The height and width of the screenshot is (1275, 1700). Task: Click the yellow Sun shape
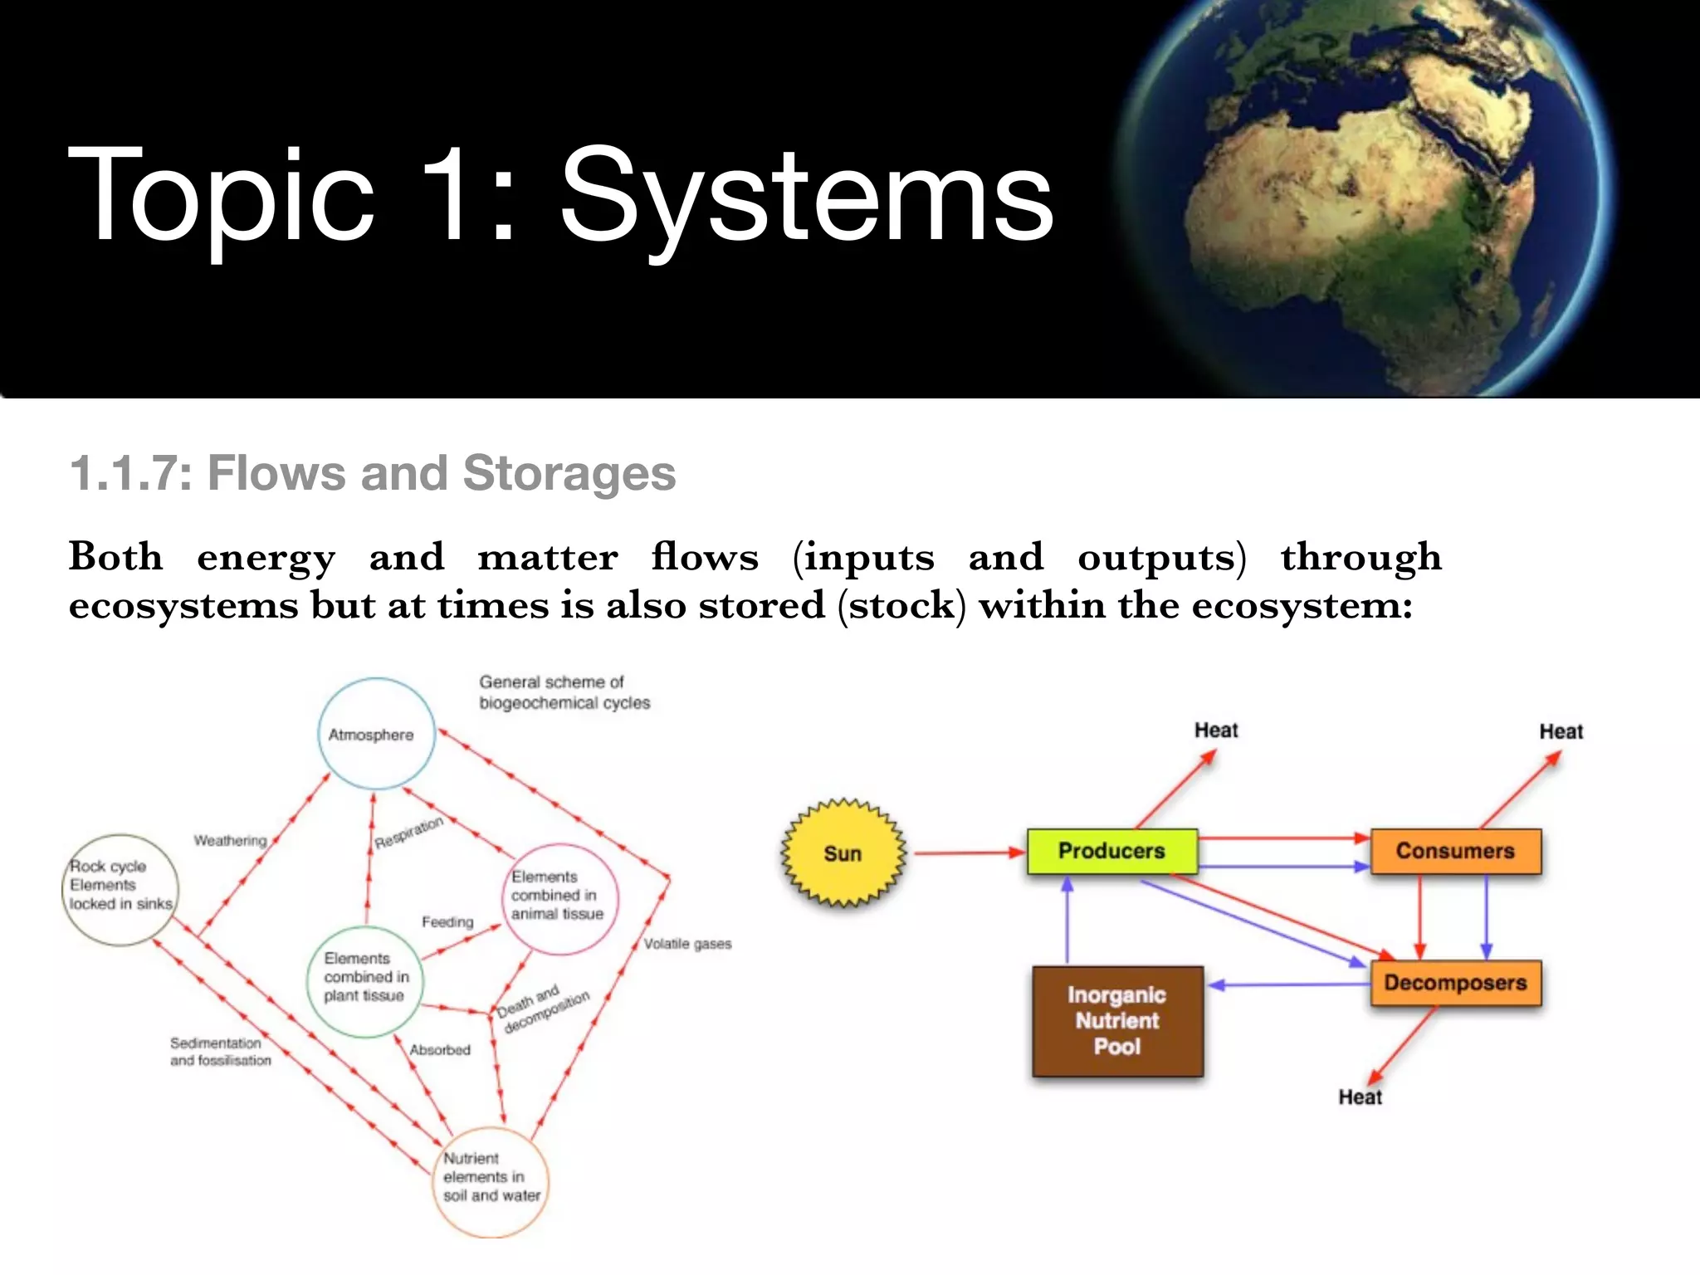coord(843,853)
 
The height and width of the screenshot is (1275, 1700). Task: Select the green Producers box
coord(1111,852)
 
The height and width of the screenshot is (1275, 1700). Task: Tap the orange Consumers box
coord(1455,852)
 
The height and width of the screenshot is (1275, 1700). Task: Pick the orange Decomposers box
coord(1455,983)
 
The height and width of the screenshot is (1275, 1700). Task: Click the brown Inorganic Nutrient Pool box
coord(1117,1021)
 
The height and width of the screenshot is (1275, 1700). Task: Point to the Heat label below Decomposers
coord(1360,1097)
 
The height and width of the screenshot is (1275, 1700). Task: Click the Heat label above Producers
coord(1216,730)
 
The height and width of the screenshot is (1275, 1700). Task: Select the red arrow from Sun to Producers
coord(967,852)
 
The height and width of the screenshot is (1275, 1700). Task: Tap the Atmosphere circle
coord(376,734)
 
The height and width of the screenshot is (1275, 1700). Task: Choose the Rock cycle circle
coord(121,889)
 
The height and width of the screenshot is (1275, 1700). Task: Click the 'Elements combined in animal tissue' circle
coord(560,897)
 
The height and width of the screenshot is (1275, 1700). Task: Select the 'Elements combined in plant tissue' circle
coord(365,980)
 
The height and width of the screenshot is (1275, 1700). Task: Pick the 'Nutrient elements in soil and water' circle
coord(491,1181)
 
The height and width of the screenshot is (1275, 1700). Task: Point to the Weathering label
coord(230,841)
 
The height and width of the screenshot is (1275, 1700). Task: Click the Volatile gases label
coord(687,944)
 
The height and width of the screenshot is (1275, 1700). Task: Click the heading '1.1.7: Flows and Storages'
coord(373,473)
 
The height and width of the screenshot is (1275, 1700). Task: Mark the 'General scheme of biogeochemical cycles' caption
coord(564,692)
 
